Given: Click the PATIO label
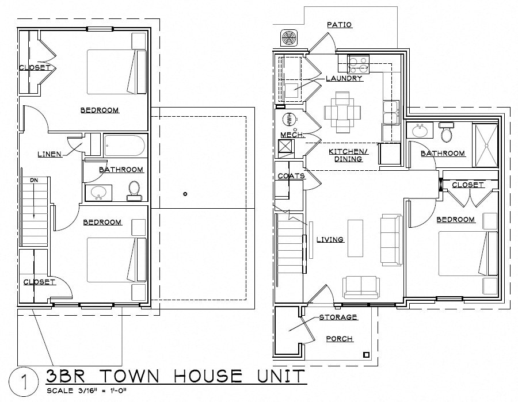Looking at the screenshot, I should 339,25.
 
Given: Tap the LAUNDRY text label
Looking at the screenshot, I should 344,78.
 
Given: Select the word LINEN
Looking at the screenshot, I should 50,154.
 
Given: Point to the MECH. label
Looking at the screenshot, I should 291,135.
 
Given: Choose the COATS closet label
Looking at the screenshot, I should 291,176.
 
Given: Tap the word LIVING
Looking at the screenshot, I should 330,239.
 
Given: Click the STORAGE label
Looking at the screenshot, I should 338,317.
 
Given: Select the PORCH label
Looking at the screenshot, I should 339,339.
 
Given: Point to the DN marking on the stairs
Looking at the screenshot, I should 33,181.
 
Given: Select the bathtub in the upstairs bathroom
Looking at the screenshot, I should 125,145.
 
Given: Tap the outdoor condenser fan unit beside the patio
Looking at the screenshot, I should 289,38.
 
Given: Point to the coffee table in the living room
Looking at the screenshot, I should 355,238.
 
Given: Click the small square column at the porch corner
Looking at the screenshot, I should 365,354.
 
